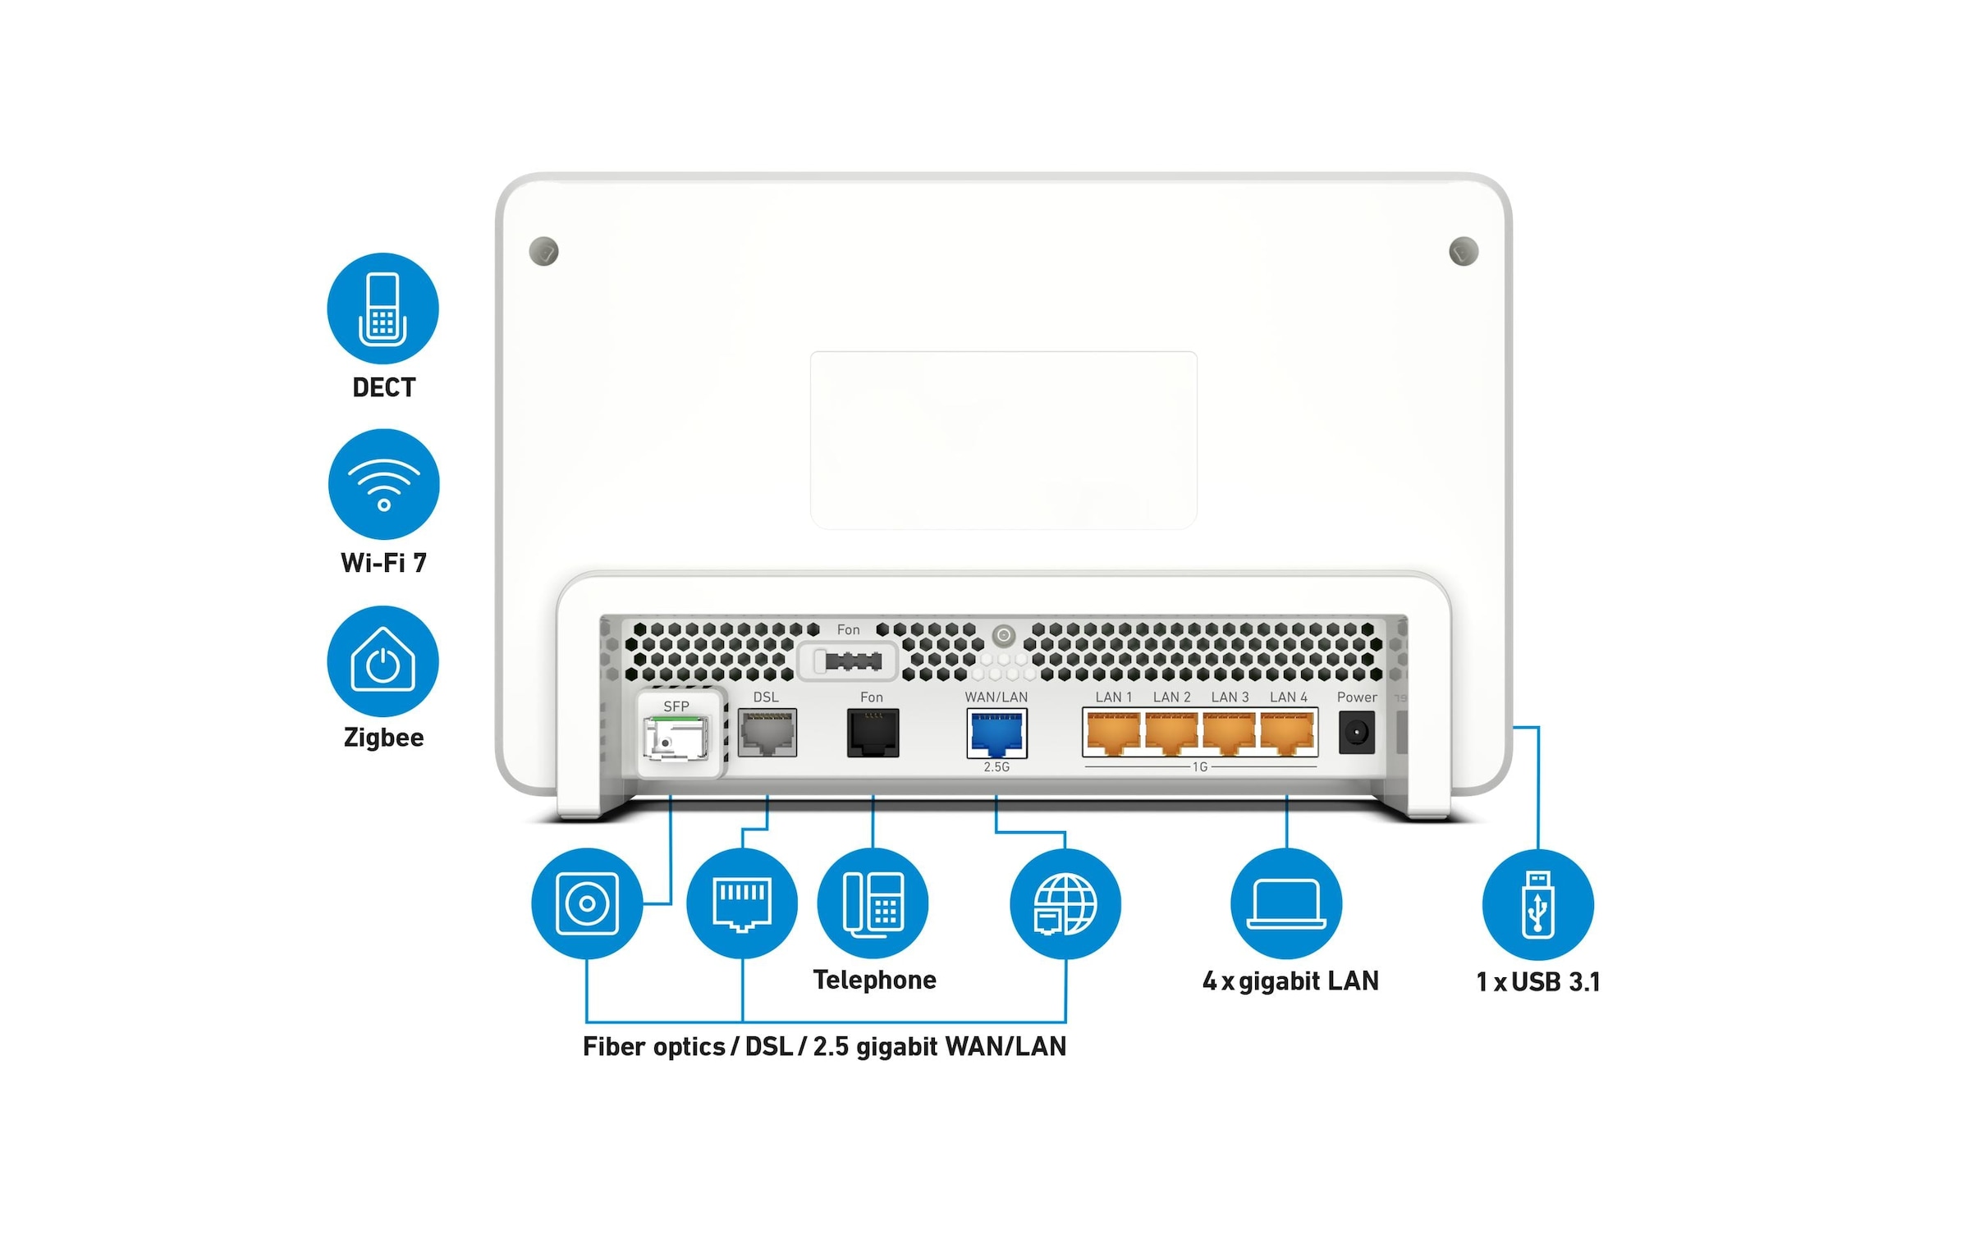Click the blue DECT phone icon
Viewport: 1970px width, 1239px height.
383,309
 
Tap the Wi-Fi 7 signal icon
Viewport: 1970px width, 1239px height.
383,484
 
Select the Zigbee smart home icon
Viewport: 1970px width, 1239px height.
383,661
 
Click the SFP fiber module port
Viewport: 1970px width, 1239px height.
676,738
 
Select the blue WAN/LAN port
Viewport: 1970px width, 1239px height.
996,734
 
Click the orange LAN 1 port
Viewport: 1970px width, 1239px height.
1113,733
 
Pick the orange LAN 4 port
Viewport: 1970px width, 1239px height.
1287,733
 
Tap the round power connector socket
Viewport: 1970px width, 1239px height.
1356,732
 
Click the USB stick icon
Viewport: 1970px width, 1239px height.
1537,904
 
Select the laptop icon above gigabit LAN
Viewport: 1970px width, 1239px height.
1286,903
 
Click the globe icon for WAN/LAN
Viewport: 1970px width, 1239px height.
1065,903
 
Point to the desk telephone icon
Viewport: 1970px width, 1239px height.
873,903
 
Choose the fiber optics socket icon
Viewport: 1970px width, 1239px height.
587,903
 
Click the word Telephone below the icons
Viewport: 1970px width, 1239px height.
874,980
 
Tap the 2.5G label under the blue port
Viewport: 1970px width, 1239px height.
996,767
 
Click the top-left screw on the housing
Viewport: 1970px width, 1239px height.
544,251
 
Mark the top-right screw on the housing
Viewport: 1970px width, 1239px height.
1464,251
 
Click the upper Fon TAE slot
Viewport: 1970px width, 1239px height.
847,661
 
